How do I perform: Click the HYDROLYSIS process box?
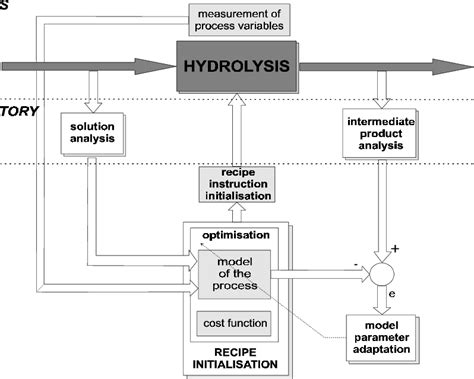tap(237, 67)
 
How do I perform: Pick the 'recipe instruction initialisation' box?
tap(236, 185)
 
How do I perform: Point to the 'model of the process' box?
tap(232, 270)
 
